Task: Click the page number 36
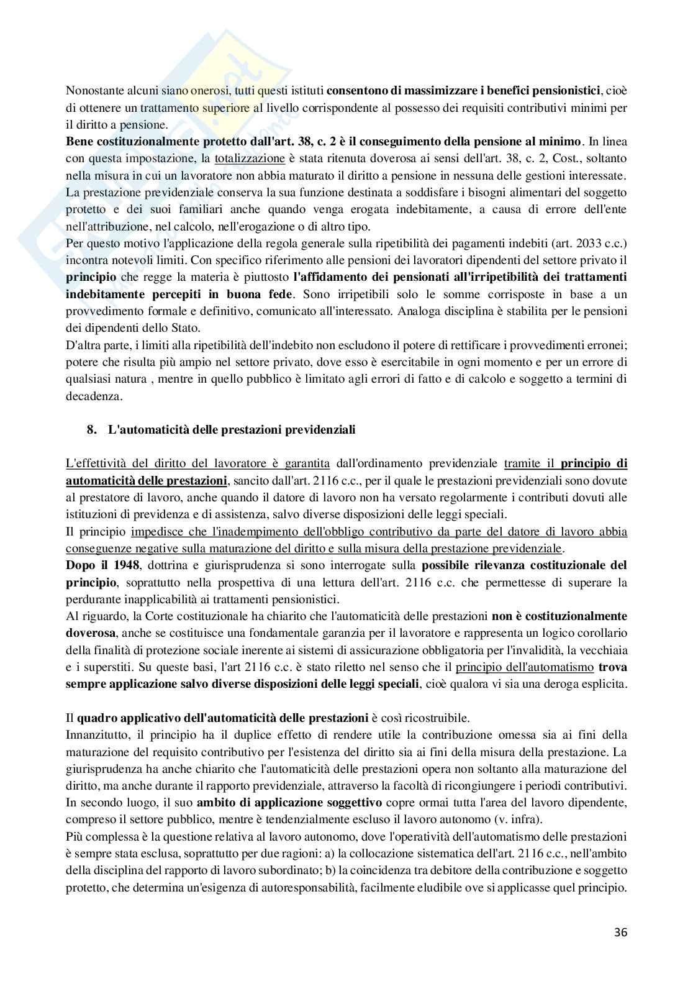(x=620, y=933)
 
